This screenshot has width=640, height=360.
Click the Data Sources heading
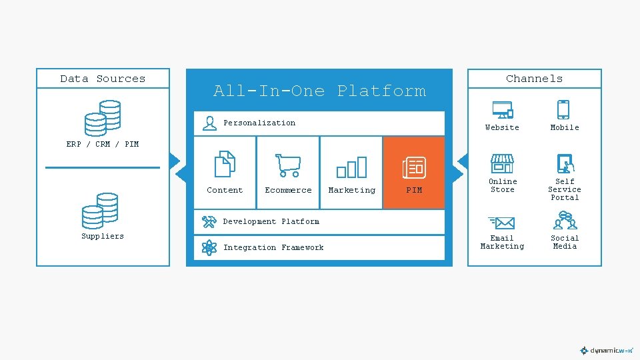point(103,79)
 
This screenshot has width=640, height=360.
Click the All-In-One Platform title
point(319,91)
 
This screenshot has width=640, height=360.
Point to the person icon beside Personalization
point(209,123)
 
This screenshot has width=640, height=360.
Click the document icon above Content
point(225,165)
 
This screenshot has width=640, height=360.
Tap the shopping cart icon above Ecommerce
point(288,165)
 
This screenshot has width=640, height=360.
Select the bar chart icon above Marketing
point(351,167)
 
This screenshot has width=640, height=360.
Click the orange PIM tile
point(414,173)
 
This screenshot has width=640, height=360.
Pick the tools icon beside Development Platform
point(209,221)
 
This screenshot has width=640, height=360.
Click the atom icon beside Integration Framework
point(209,248)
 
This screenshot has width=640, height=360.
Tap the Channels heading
point(534,79)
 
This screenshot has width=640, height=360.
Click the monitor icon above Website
point(502,109)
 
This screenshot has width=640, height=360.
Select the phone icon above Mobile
point(564,109)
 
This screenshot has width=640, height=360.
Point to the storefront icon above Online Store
point(502,164)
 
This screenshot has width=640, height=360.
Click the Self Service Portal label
point(565,189)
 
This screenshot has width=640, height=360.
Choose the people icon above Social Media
point(565,221)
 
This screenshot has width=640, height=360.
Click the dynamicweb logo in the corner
point(606,350)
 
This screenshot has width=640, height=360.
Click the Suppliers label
point(103,236)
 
